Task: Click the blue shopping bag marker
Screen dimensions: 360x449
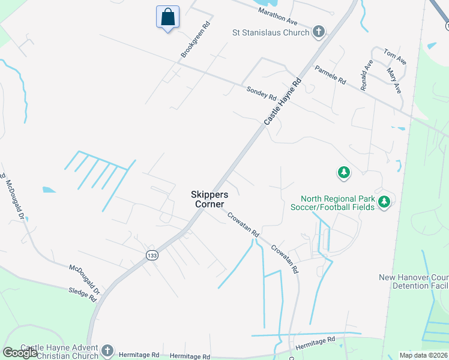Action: pyautogui.click(x=168, y=17)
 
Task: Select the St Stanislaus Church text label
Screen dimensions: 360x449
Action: pyautogui.click(x=271, y=32)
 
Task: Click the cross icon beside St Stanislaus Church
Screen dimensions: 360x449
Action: pyautogui.click(x=319, y=32)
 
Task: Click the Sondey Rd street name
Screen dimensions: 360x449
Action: pyautogui.click(x=261, y=94)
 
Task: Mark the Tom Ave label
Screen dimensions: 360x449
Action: pyautogui.click(x=395, y=57)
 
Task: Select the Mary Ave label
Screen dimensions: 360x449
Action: pyautogui.click(x=394, y=80)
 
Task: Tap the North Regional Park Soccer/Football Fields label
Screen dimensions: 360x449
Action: pyautogui.click(x=337, y=203)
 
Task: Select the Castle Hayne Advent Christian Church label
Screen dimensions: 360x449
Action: pyautogui.click(x=59, y=352)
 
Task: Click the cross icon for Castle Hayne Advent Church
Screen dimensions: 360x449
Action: pyautogui.click(x=107, y=350)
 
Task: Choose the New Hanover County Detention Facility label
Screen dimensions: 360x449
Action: pyautogui.click(x=414, y=281)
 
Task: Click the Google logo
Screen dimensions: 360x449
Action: pyautogui.click(x=20, y=353)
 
